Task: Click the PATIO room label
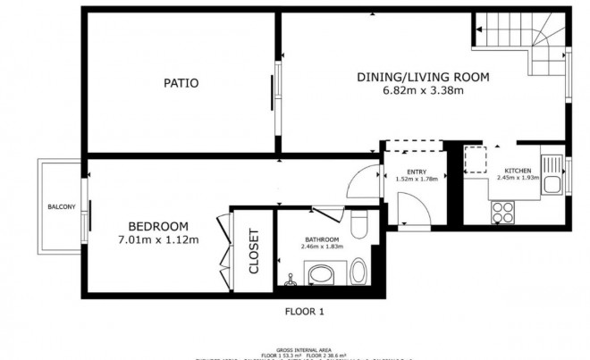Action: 180,83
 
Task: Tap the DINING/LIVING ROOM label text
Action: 423,77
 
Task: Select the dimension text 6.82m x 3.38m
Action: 423,90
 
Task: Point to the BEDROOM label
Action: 157,225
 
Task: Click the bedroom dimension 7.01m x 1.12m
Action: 157,239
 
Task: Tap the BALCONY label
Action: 61,207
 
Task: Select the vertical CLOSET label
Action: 253,251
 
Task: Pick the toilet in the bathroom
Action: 358,224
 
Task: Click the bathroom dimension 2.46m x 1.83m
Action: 321,247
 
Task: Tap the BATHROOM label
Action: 321,239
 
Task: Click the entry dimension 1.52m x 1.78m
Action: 417,179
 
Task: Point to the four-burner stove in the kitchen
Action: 503,212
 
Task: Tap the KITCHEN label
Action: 518,170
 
